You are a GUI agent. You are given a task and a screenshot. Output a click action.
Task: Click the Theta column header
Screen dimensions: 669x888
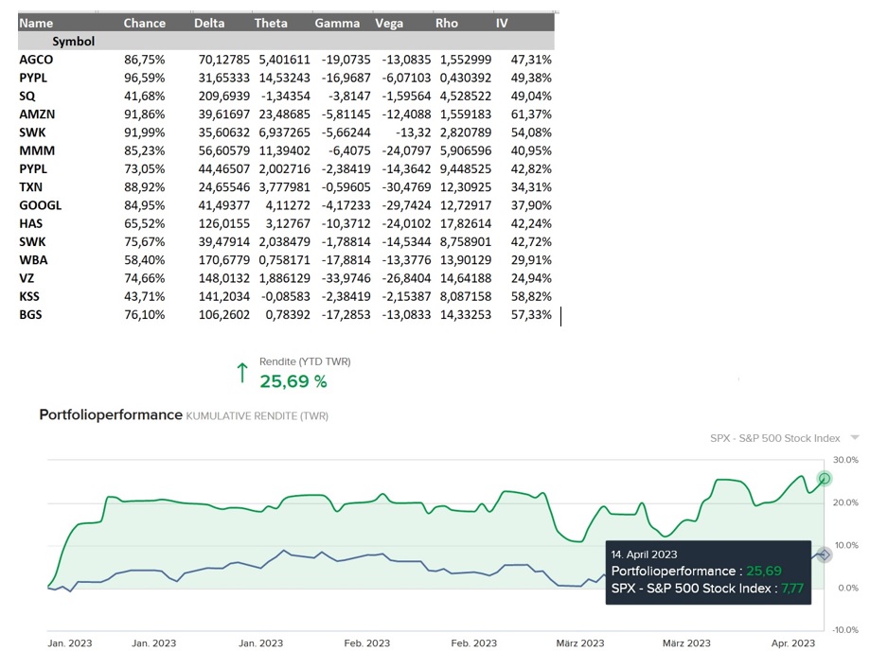coord(271,23)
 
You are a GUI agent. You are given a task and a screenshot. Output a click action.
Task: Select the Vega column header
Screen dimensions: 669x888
coord(389,23)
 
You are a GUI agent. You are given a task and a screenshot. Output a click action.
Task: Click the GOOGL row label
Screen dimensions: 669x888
coord(40,205)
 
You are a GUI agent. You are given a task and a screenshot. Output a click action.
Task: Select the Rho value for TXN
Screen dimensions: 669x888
coord(466,187)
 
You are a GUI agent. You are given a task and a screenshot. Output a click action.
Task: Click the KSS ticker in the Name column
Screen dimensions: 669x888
coord(29,296)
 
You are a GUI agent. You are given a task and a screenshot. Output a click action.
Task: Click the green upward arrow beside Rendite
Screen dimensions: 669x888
coord(240,373)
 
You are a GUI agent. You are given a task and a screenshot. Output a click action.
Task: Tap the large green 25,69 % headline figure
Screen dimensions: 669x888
coord(293,381)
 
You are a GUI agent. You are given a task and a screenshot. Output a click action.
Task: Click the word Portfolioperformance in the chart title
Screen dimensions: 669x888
coord(110,415)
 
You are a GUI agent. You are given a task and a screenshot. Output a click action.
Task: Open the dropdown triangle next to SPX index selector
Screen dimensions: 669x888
coord(855,438)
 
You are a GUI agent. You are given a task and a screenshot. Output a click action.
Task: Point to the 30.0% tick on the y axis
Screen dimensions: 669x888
coord(845,460)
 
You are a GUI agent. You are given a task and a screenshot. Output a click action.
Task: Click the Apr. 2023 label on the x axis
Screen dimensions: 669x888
coord(790,643)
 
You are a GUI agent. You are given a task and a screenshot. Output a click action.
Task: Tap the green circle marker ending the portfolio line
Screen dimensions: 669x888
coord(825,479)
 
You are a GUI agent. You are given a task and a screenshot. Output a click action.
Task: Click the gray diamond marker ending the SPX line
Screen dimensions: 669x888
coord(825,555)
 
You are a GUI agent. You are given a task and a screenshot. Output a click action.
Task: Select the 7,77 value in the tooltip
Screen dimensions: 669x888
coord(790,589)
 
